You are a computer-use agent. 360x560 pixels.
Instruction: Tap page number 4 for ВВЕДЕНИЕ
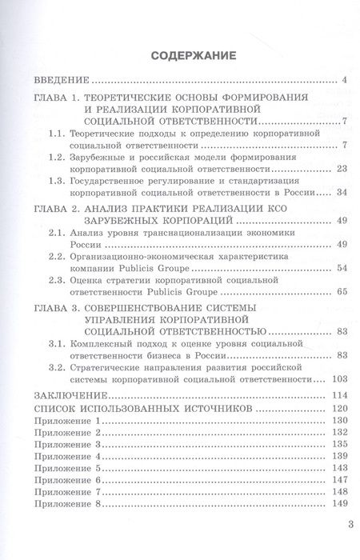click(342, 80)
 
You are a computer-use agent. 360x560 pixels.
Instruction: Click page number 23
click(339, 170)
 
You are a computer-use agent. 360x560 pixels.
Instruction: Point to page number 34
click(339, 193)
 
